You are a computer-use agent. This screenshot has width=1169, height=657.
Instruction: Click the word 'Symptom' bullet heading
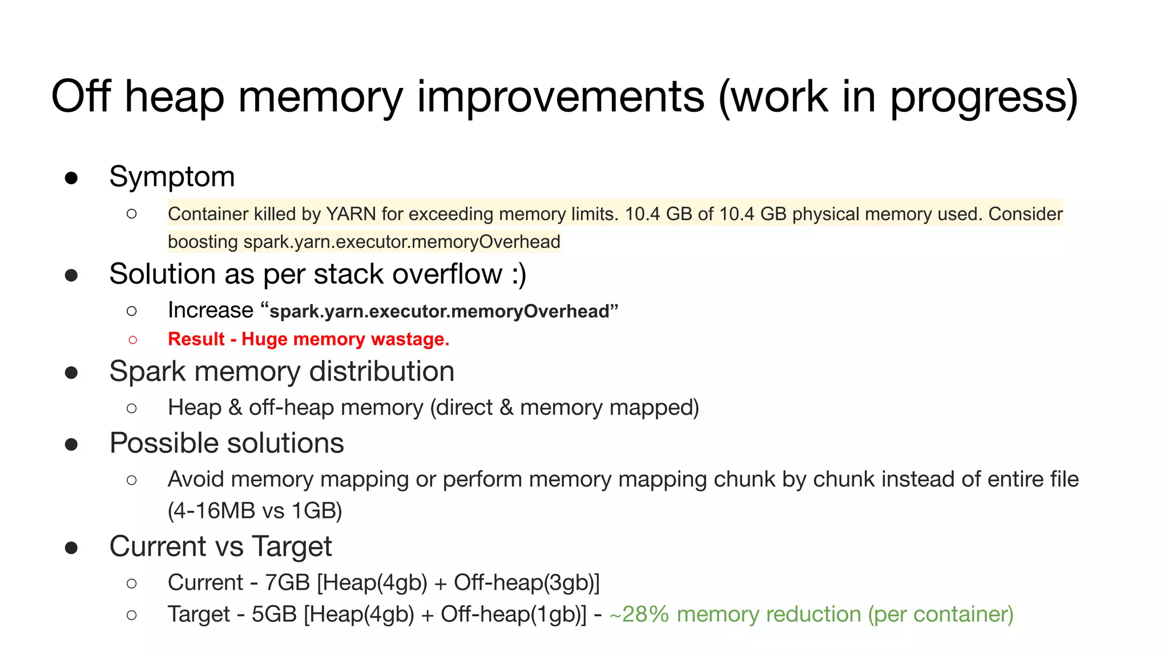coord(172,177)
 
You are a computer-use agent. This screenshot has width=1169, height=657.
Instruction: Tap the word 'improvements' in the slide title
coord(561,97)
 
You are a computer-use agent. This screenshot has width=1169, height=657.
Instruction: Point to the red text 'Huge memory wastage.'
coord(345,339)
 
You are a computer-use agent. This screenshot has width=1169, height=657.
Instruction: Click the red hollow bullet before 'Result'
coord(132,340)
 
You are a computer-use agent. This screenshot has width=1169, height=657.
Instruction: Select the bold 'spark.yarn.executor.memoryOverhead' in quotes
coord(440,311)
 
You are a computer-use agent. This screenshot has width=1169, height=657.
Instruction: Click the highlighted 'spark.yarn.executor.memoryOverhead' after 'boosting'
coord(402,242)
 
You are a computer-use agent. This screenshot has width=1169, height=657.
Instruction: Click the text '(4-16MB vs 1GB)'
coord(255,510)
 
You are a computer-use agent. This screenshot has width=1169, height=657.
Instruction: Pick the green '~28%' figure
coord(639,615)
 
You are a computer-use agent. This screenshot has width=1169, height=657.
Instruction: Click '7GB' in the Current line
coord(287,583)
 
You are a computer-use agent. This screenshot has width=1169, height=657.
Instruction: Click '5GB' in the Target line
coord(274,615)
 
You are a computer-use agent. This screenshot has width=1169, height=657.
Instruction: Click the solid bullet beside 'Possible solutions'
coord(71,444)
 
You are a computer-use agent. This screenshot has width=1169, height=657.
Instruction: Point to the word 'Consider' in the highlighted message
coord(1025,214)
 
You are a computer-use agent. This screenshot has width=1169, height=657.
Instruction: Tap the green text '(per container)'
coord(941,615)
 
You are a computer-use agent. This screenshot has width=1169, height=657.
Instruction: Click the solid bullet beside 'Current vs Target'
coord(71,547)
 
